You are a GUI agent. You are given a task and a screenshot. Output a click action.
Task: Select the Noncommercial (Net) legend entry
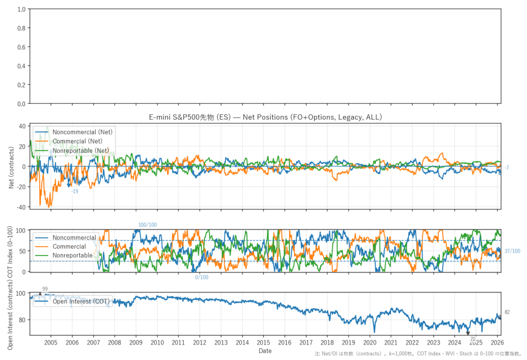click(82, 132)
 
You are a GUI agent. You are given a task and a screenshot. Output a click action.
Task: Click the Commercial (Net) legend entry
click(77, 141)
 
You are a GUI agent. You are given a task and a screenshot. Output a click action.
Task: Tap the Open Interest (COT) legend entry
click(80, 301)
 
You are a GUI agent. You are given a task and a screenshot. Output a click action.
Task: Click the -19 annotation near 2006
click(75, 191)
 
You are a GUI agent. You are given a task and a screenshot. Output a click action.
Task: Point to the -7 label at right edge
click(507, 168)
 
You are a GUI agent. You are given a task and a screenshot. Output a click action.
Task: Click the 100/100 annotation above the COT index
click(148, 225)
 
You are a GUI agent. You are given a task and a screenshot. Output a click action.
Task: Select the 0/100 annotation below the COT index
click(202, 278)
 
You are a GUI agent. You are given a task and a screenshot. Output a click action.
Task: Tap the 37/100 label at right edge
click(512, 251)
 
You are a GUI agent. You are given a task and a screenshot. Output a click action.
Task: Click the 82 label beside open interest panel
click(507, 312)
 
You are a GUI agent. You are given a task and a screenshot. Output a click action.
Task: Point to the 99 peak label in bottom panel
click(45, 289)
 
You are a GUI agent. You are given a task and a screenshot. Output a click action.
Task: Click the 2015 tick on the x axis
click(263, 342)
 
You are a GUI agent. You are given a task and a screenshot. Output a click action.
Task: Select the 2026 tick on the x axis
click(497, 342)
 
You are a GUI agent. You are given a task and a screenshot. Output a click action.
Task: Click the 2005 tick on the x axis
click(50, 342)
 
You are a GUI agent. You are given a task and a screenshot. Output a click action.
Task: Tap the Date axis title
click(265, 351)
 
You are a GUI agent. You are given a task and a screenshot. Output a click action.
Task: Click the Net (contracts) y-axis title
click(11, 166)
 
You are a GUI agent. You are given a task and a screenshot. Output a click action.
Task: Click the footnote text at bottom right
click(419, 354)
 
